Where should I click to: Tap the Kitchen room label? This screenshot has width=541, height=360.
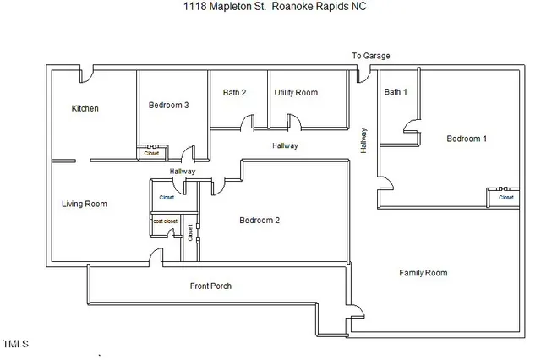tap(85, 108)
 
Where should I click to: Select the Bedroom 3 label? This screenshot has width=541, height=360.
tap(168, 105)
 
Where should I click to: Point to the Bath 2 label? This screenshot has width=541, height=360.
tap(234, 92)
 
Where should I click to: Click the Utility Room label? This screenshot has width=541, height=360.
tap(296, 92)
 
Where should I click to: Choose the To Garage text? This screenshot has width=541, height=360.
tap(371, 57)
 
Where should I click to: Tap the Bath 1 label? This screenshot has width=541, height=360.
tap(395, 92)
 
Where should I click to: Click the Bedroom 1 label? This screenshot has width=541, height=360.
tap(467, 139)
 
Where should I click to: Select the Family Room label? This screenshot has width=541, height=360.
tap(423, 273)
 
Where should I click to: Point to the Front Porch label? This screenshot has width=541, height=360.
tap(210, 286)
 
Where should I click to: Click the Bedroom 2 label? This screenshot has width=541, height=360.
tap(259, 221)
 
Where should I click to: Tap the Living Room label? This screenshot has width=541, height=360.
tap(85, 204)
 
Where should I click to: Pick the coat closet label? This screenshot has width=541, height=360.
tap(165, 221)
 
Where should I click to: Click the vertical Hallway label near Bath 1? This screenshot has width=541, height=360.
tap(363, 140)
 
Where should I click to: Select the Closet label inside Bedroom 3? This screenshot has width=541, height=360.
tap(151, 154)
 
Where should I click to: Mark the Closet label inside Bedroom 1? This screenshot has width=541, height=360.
tap(505, 198)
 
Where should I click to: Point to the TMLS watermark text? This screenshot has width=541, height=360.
tap(15, 345)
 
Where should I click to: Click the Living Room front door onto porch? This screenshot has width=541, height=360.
tap(155, 256)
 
